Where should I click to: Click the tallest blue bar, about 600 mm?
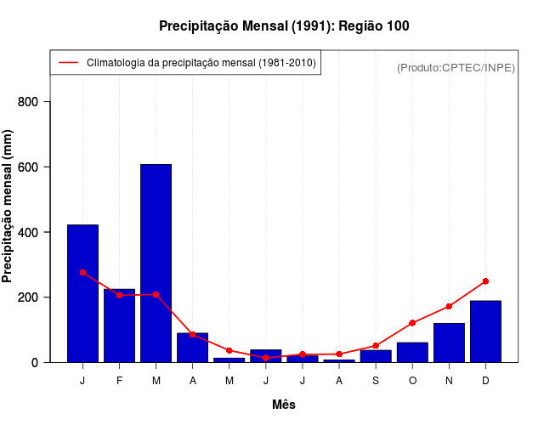[x=156, y=263]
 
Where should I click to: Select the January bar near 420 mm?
[x=82, y=293]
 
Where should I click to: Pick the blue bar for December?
[x=485, y=331]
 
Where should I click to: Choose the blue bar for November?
[x=449, y=343]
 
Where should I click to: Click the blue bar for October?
[x=412, y=352]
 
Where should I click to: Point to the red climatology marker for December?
[x=485, y=280]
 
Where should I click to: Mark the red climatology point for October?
[x=412, y=323]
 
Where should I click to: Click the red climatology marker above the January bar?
[x=82, y=272]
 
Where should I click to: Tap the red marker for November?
[x=449, y=306]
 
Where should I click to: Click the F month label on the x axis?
[x=119, y=381]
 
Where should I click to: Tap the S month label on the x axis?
[x=376, y=381]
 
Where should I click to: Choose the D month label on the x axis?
[x=485, y=381]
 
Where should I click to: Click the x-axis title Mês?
[x=284, y=405]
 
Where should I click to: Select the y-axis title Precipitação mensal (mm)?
[x=8, y=212]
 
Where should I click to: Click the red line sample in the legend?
[x=68, y=62]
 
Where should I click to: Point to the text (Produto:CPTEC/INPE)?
[x=456, y=67]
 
